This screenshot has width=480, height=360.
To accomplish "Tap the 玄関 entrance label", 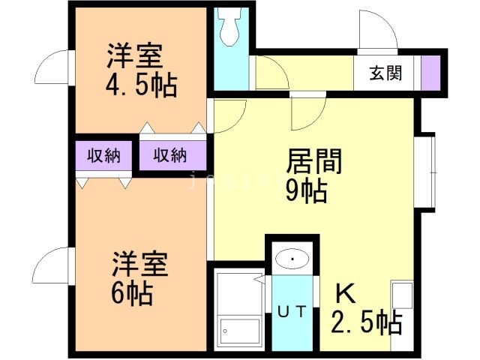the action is point(385,73).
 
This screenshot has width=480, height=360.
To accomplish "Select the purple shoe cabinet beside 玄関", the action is point(430,73).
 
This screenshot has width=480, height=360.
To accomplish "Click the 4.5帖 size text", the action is point(142,86).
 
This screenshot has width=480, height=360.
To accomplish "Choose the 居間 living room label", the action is point(313,161).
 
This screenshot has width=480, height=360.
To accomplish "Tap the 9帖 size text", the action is point(306,191).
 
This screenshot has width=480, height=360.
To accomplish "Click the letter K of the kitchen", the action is point(346,293).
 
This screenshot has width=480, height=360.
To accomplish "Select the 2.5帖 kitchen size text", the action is point(366,322).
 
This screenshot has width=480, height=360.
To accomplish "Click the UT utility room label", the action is point(292,312).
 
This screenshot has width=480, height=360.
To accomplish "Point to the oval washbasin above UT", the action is point(292,259).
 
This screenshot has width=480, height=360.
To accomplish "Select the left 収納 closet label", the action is point(103,156).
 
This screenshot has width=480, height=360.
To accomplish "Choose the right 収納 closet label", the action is point(169,155).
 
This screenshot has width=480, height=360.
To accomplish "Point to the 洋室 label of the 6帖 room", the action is point(140,264).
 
